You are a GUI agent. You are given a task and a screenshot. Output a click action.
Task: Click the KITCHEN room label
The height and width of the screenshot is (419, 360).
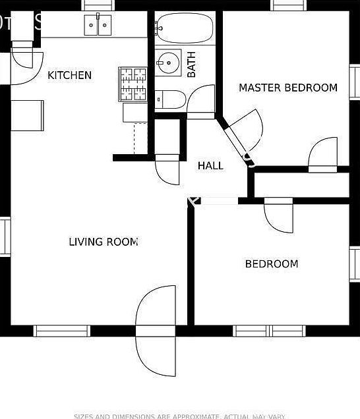(69, 75)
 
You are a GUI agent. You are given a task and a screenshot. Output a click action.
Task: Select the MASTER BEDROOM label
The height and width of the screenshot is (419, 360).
(287, 88)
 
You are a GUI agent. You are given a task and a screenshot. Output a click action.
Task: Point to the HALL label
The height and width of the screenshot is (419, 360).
(210, 166)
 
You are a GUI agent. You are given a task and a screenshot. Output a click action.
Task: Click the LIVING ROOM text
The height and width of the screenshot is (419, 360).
(104, 242)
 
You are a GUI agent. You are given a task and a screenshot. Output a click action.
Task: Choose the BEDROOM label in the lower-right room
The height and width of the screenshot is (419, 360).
(271, 264)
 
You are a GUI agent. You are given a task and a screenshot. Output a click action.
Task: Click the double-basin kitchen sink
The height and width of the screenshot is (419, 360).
(98, 26)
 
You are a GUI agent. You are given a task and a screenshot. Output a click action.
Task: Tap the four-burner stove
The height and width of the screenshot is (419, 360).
(133, 84)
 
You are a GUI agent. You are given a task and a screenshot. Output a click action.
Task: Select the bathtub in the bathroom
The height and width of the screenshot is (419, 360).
(185, 28)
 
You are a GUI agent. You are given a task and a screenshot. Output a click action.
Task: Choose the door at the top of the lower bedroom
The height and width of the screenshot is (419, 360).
(279, 216)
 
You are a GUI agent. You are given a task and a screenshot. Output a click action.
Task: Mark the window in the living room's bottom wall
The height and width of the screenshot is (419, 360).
(62, 331)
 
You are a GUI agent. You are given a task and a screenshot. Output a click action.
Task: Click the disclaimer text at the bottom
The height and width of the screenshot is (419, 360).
(179, 416)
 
